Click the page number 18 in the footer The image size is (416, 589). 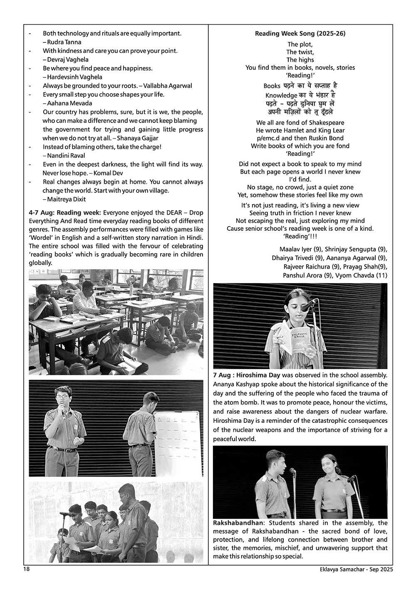click(x=26, y=569)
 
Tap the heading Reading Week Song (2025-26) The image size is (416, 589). click(x=300, y=34)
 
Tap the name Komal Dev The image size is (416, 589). click(x=108, y=173)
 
